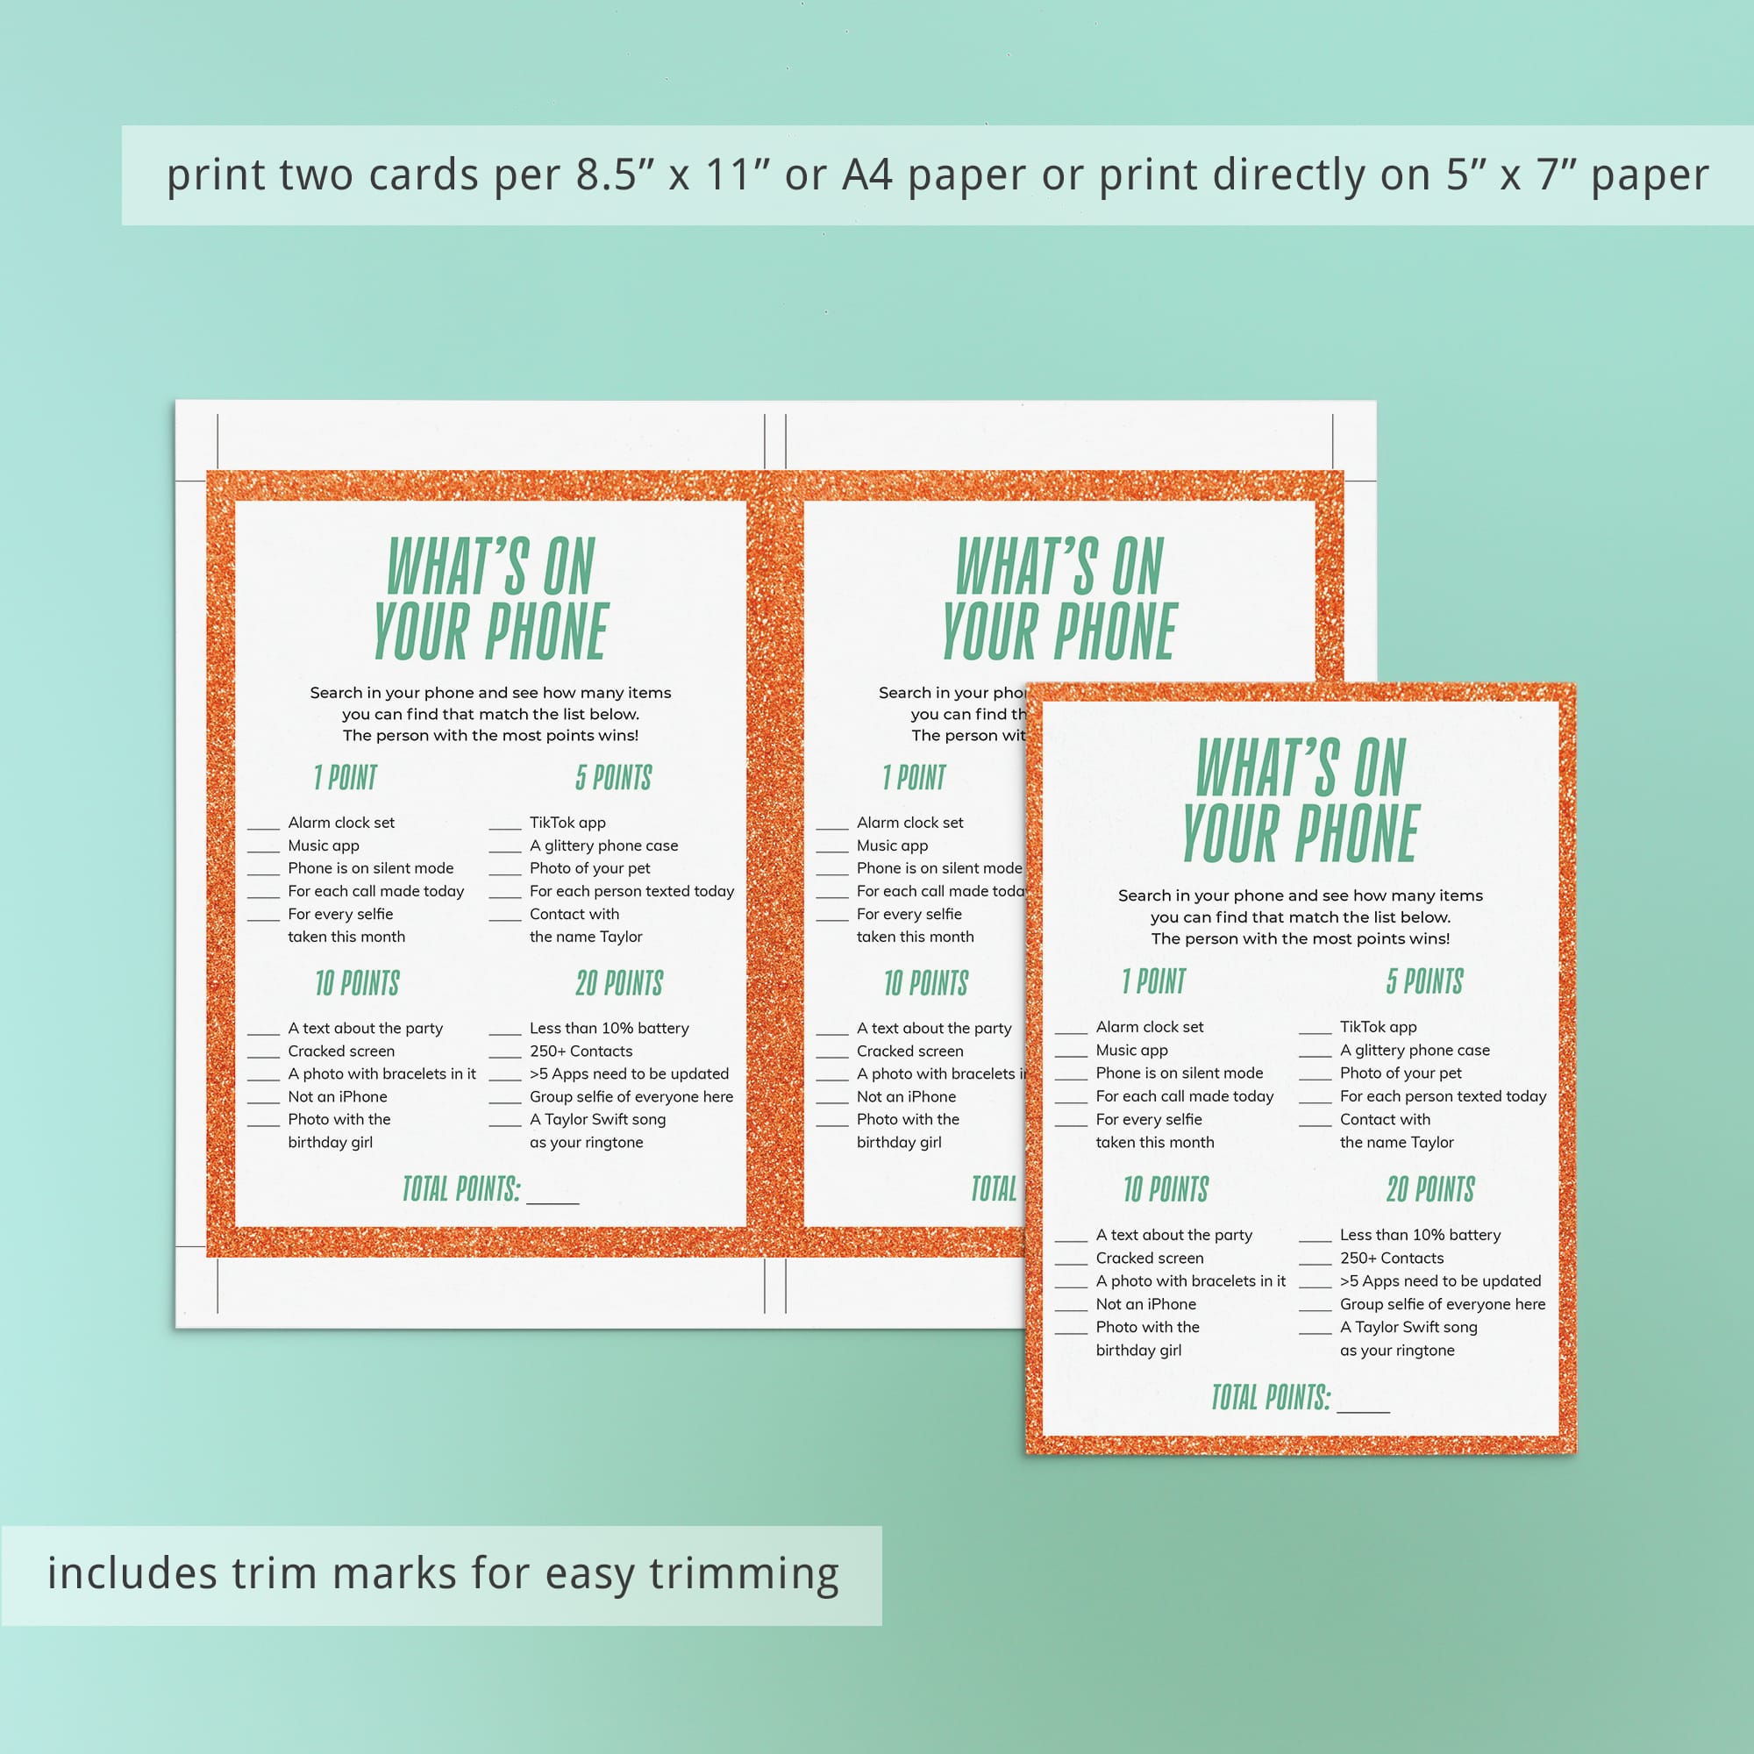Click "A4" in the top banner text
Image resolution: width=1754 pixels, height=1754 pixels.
coord(867,175)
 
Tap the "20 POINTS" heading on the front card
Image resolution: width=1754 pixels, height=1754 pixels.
coord(1430,1188)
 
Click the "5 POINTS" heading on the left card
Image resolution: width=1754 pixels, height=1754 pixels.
coord(614,777)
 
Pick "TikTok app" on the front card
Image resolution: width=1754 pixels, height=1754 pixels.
coord(1378,1027)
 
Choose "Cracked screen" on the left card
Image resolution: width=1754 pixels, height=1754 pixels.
coord(341,1051)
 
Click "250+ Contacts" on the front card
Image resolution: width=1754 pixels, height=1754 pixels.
coord(1392,1258)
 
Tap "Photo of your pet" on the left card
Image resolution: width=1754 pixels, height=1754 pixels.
coord(590,868)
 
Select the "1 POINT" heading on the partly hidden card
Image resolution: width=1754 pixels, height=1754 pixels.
coord(914,777)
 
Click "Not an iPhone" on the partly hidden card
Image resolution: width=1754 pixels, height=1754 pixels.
coord(906,1097)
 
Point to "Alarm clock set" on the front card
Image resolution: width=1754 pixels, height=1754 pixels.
coord(1150,1027)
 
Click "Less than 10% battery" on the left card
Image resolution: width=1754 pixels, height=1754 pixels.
coord(610,1028)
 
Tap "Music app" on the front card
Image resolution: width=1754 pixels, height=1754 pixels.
coord(1131,1050)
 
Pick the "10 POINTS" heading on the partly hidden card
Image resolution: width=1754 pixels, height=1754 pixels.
coord(926,982)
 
